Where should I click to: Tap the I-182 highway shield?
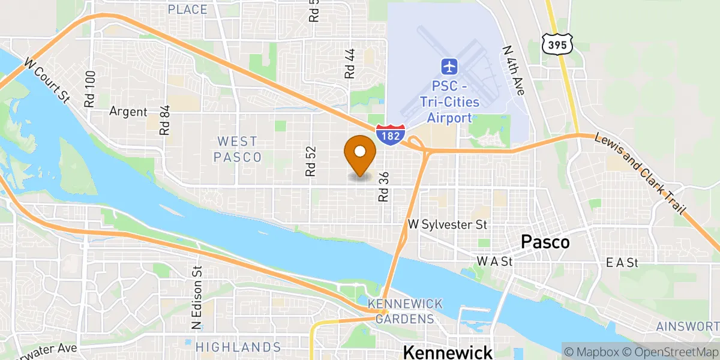pos(391,134)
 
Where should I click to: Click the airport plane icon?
pos(449,65)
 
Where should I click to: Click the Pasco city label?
pos(545,242)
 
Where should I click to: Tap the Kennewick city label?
pos(448,352)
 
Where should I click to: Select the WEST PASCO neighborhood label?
pos(238,149)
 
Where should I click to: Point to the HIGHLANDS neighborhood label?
pos(238,347)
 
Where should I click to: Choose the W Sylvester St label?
pos(447,224)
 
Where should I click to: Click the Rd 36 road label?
pos(384,187)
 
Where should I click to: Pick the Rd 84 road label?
pos(165,120)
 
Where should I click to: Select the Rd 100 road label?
pos(91,89)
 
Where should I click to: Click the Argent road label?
pos(128,112)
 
